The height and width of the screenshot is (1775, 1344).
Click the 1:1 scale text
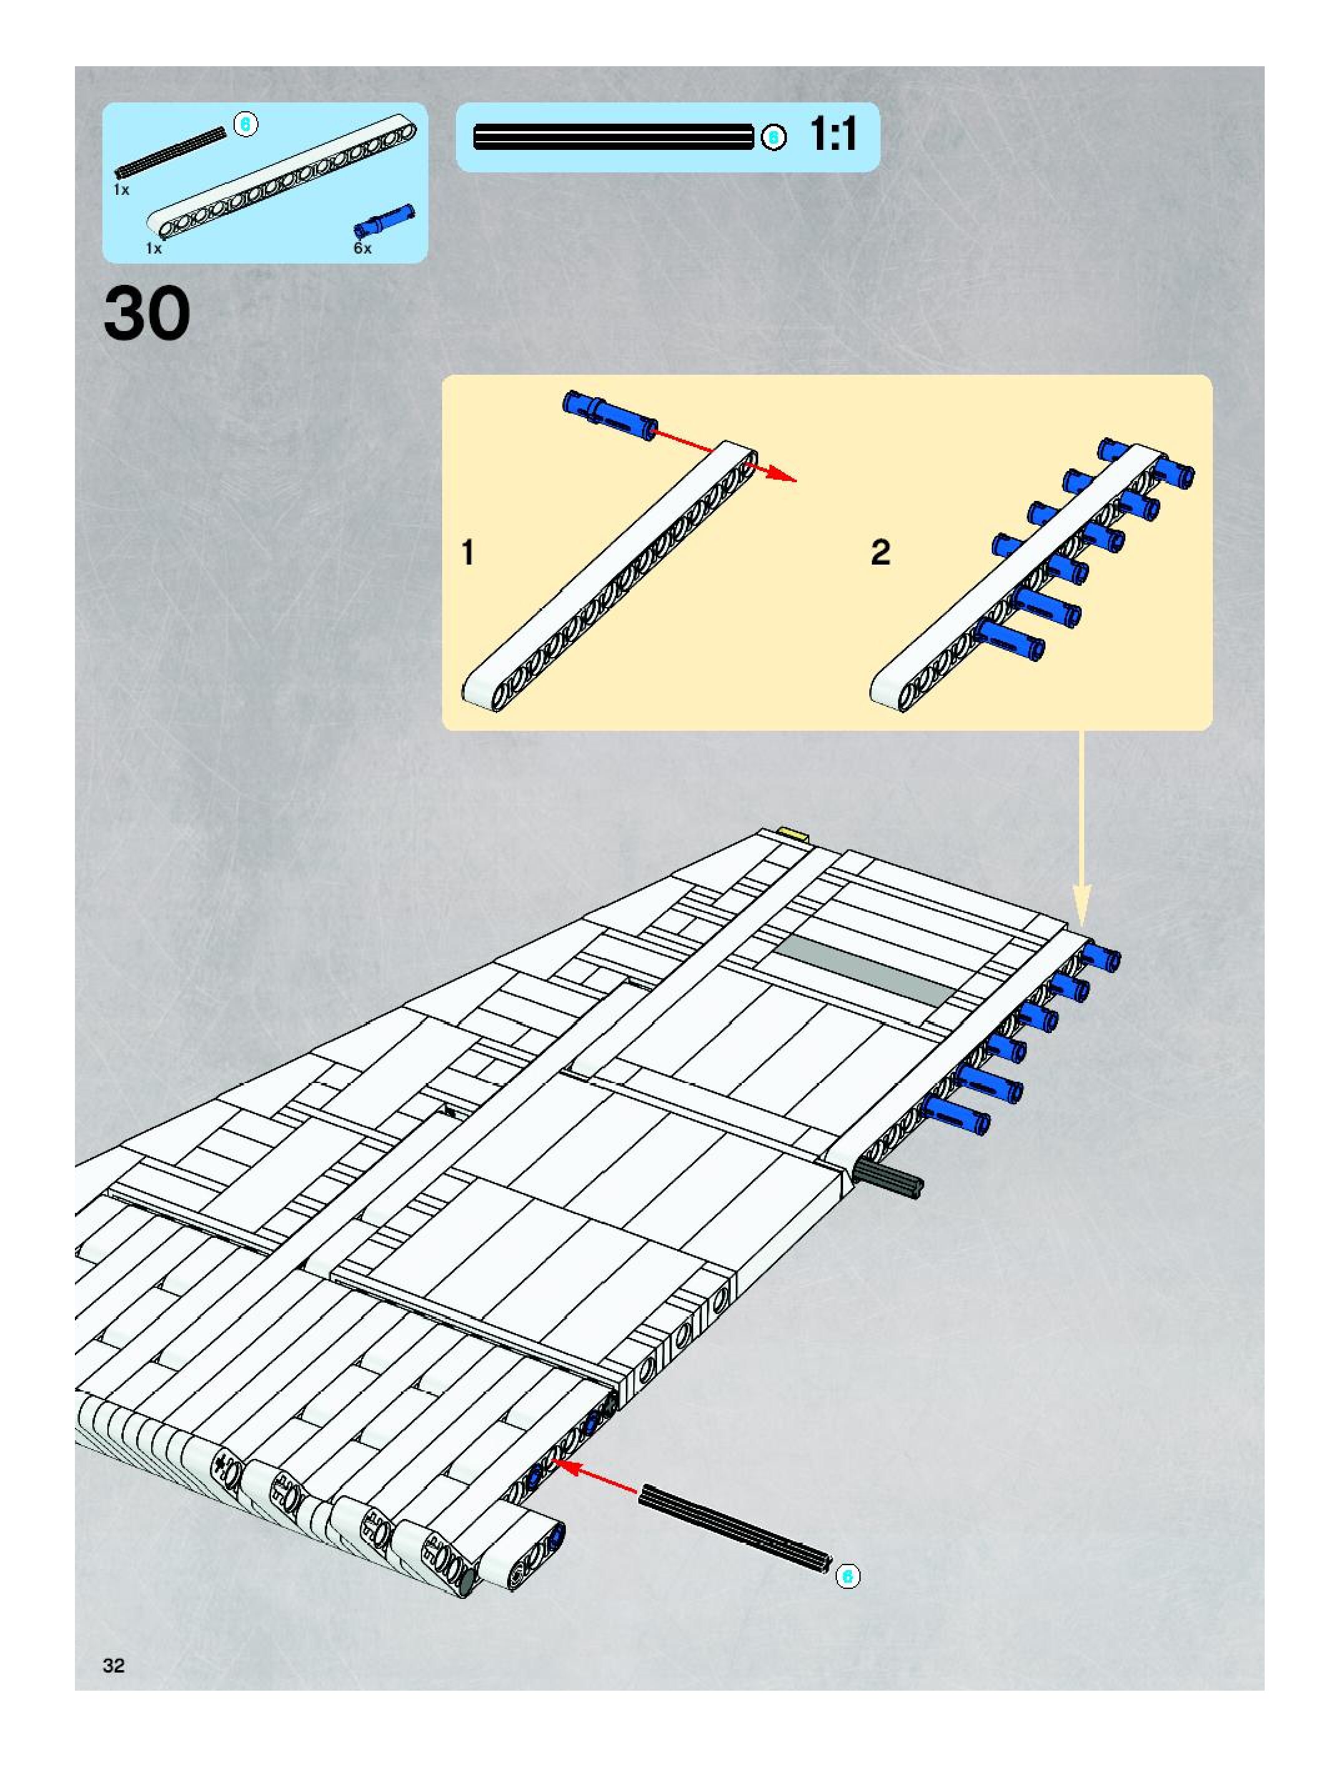[833, 135]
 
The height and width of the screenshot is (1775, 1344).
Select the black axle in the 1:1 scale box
[614, 137]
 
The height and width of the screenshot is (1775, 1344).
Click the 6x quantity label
[363, 249]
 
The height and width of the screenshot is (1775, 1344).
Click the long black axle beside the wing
[734, 1529]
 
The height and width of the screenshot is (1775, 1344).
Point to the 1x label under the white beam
[154, 249]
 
